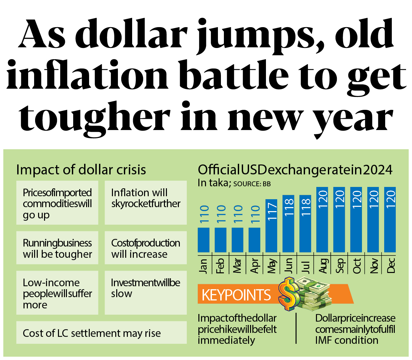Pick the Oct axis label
[x=356, y=266]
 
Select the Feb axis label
[x=220, y=266]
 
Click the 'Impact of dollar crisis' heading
[x=81, y=170]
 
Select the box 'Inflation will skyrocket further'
[x=146, y=202]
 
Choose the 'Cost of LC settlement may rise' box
[x=101, y=333]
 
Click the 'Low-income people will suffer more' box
[x=57, y=293]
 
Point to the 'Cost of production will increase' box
[x=146, y=248]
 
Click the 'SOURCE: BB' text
[x=252, y=184]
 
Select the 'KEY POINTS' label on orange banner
[x=236, y=295]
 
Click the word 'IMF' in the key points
[x=325, y=340]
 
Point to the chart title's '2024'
[x=378, y=170]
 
